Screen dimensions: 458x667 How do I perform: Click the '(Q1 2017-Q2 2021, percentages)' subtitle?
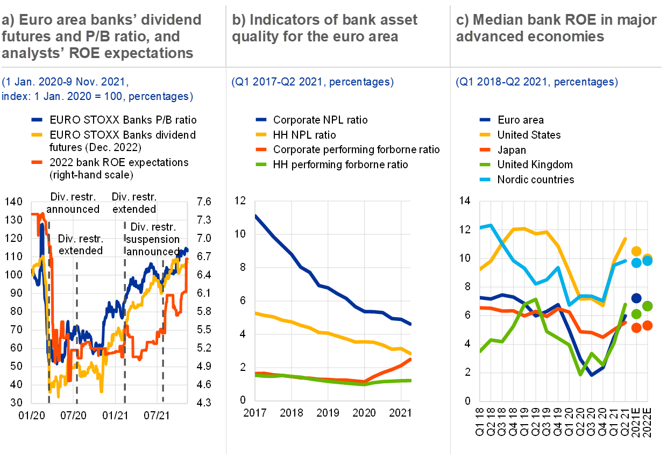point(313,82)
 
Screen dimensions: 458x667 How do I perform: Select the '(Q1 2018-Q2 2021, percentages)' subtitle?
point(537,82)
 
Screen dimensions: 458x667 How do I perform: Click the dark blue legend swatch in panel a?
point(37,120)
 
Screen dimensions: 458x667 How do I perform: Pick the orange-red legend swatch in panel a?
point(37,162)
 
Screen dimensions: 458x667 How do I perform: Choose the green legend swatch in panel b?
point(261,164)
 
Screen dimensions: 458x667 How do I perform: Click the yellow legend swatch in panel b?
point(261,134)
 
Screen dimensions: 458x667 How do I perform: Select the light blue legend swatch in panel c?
point(485,180)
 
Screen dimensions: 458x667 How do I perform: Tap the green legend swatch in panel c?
point(485,164)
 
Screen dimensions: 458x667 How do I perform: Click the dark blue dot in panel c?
point(636,298)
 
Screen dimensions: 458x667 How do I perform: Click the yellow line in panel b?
point(323,333)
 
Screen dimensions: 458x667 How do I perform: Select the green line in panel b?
point(323,380)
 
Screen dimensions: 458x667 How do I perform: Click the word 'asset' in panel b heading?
point(396,20)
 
